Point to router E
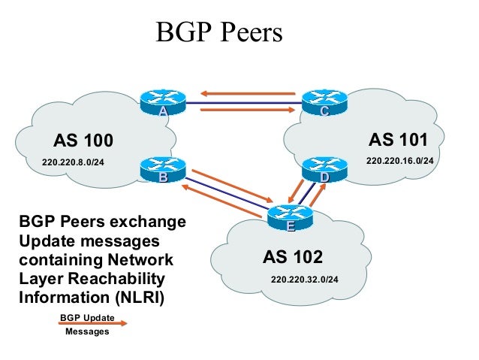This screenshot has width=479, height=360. (289, 217)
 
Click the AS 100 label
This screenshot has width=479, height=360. (83, 141)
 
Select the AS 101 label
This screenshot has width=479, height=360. (398, 140)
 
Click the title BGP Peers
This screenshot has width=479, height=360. (218, 33)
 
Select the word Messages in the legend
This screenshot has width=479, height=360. (87, 331)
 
